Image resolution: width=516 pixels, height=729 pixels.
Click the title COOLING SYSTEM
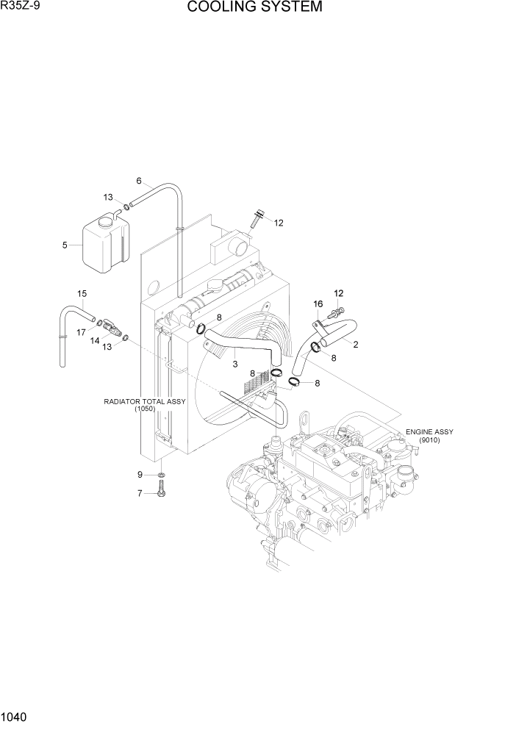coord(254,8)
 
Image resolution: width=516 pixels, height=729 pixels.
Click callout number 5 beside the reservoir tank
coord(65,245)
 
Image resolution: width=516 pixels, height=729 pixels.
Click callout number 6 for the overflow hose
coord(138,181)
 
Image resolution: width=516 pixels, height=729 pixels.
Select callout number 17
coord(82,331)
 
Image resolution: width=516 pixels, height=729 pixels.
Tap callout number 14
coord(95,340)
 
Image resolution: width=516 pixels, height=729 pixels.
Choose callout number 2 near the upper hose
coord(355,344)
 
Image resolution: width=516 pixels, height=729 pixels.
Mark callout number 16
coord(318,304)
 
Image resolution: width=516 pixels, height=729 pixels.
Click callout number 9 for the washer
coord(140,474)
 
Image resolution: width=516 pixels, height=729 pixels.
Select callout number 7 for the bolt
coord(140,493)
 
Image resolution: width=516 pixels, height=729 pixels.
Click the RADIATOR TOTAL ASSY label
coord(144,402)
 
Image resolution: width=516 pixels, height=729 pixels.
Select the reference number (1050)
coord(144,409)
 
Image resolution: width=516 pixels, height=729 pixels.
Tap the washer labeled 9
coord(161,475)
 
